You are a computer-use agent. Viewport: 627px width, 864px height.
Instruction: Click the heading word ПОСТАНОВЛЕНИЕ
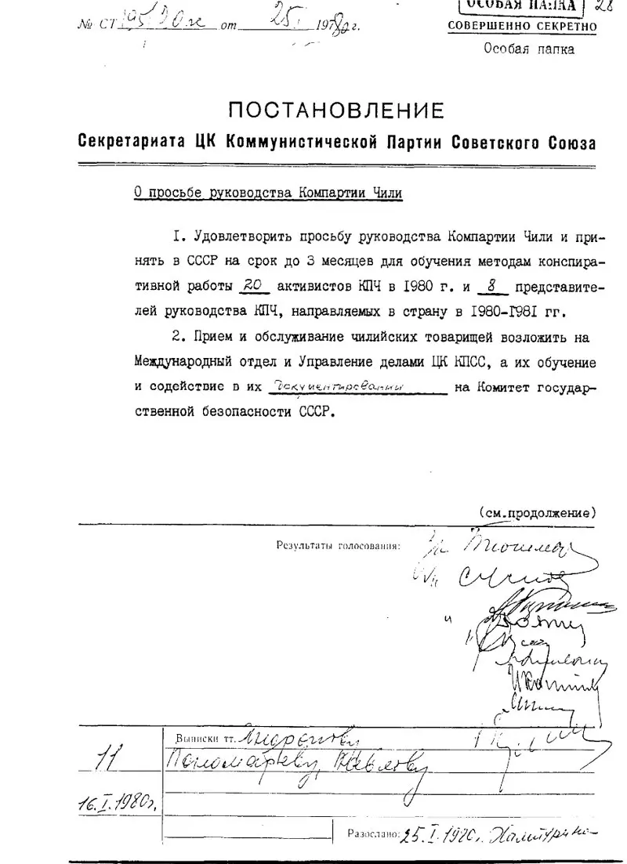(x=337, y=110)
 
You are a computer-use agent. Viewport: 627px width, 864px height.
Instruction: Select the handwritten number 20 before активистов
(x=251, y=286)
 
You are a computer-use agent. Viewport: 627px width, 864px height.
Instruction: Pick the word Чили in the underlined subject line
(x=387, y=192)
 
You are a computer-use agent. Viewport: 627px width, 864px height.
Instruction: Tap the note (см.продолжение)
(x=538, y=514)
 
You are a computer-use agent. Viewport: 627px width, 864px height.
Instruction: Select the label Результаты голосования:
(x=339, y=545)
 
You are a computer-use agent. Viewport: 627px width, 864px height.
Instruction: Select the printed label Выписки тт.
(x=206, y=738)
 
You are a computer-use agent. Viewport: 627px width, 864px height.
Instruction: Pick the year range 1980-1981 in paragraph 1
(x=502, y=311)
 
